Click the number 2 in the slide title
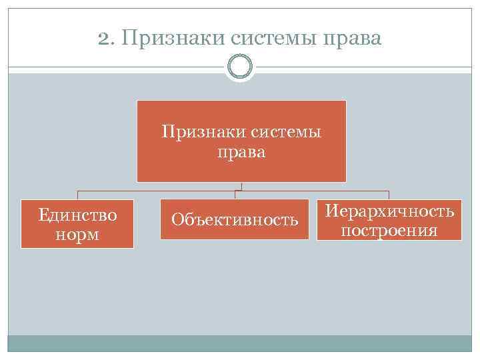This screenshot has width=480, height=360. (x=101, y=39)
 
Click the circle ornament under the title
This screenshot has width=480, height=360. (x=240, y=67)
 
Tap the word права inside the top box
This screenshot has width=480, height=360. (x=241, y=153)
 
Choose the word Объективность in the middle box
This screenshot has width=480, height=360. (x=235, y=219)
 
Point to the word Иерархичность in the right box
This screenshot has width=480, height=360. (x=390, y=211)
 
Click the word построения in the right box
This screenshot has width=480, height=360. (x=389, y=231)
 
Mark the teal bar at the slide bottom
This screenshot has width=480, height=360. (x=240, y=343)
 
